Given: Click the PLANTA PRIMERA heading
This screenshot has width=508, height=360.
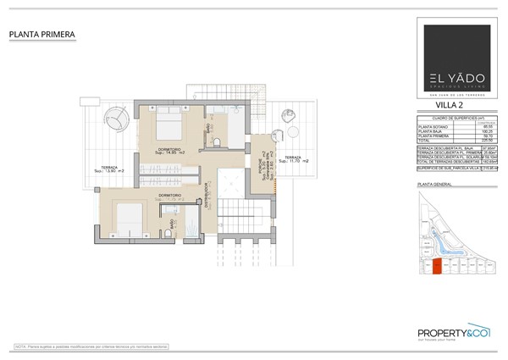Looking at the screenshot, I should click(42, 35).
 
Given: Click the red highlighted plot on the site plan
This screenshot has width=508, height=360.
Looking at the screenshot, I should click(437, 267).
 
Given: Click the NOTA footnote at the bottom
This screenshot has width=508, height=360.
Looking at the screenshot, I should click(85, 346).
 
